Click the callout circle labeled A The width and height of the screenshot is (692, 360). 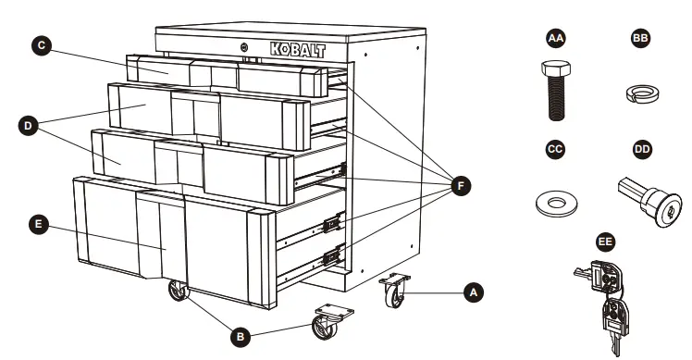coord(473,291)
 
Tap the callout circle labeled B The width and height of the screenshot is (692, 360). coord(240,338)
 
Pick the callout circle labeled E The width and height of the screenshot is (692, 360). coord(36,224)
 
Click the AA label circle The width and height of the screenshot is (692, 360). coord(555,39)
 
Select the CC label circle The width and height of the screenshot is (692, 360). coord(555,148)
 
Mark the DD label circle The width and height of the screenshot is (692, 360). coord(641,148)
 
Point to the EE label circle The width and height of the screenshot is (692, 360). coord(605,242)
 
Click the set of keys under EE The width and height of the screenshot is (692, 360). coord(606,296)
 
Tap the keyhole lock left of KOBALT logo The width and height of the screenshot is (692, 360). coord(244,48)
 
